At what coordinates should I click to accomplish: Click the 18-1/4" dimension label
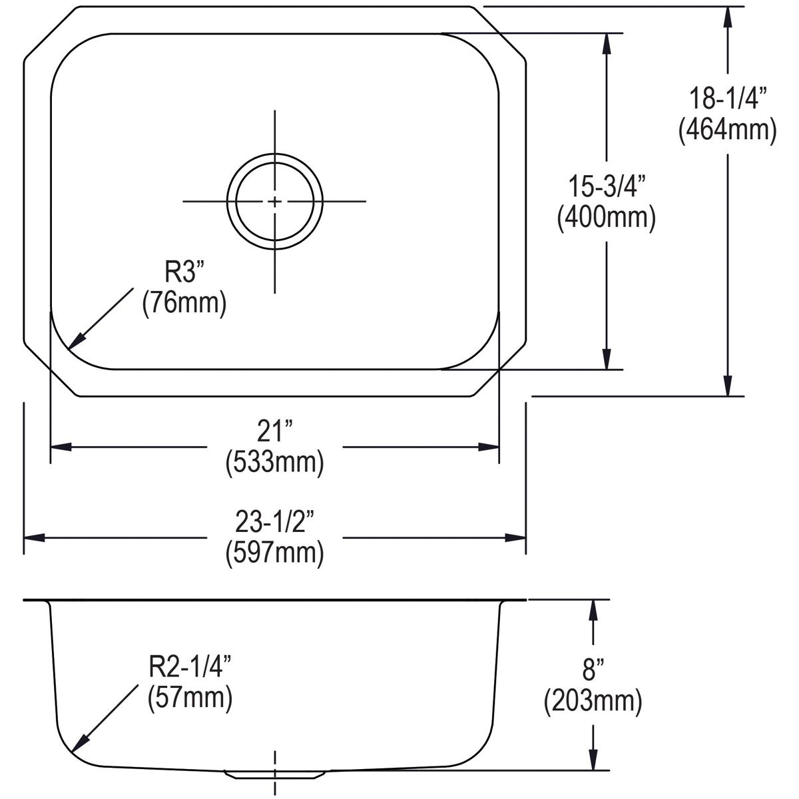[727, 100]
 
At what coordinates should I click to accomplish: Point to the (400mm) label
[606, 217]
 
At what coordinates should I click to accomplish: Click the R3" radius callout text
[184, 273]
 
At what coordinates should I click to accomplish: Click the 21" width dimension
[274, 433]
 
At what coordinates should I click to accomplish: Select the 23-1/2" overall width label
[274, 524]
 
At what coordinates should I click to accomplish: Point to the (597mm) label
[274, 553]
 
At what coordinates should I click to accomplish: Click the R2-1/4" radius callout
[189, 668]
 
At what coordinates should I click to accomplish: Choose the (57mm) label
[189, 698]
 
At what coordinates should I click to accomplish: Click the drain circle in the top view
[275, 201]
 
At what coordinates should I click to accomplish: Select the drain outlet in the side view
[275, 774]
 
